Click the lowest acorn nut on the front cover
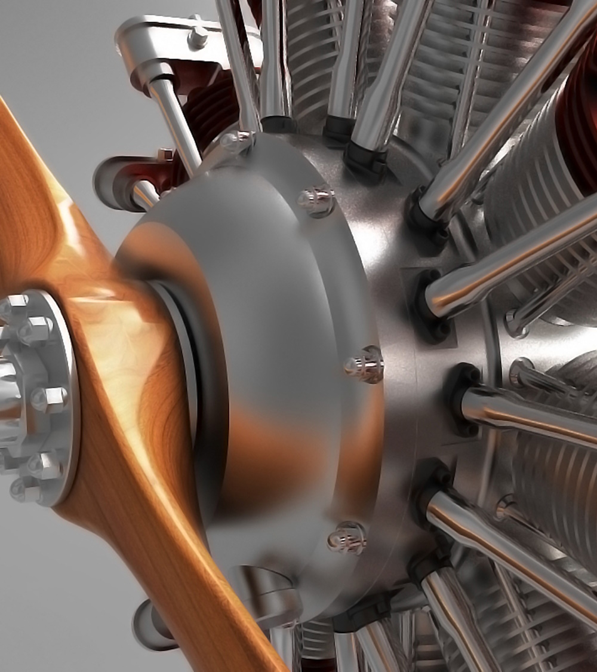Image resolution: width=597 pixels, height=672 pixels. (x=347, y=536)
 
